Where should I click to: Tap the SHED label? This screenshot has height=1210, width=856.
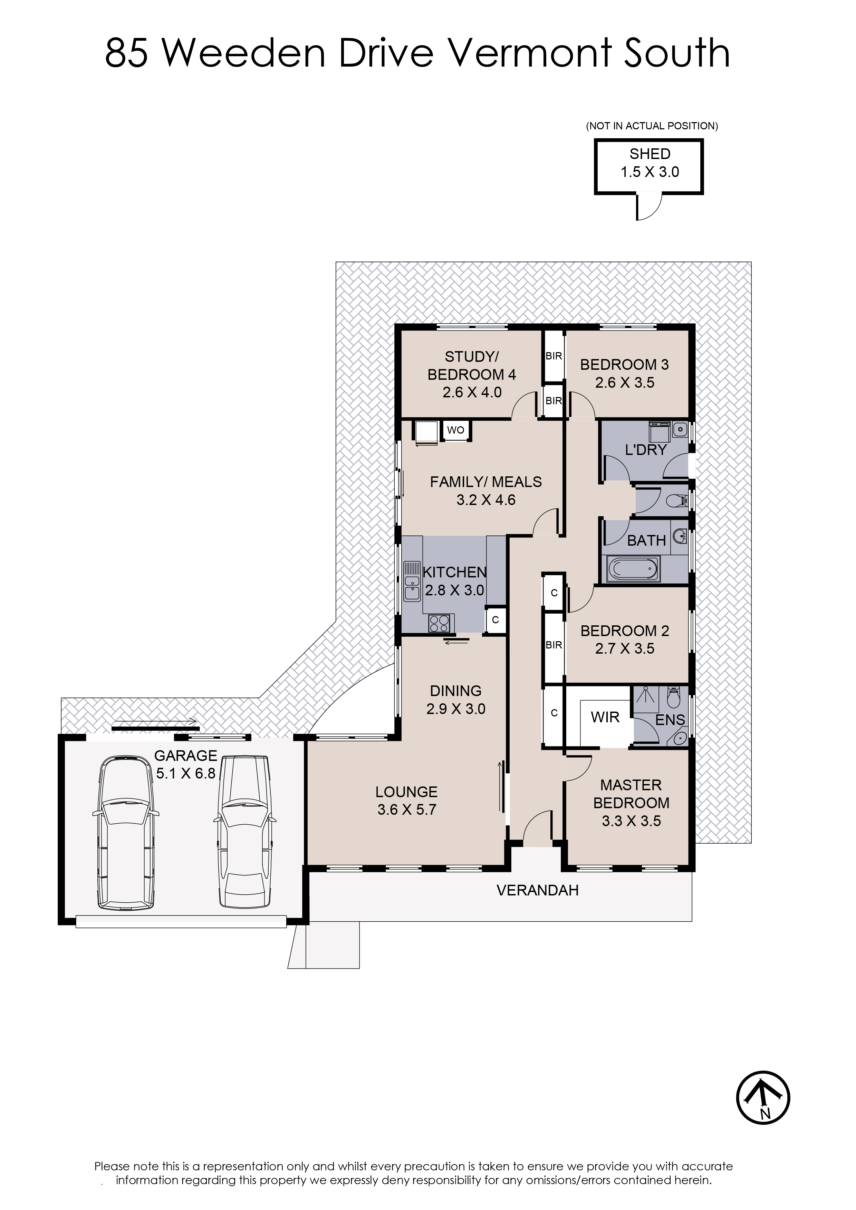pyautogui.click(x=650, y=154)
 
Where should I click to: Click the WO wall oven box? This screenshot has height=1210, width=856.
pyautogui.click(x=456, y=430)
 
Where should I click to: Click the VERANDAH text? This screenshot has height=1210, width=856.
pyautogui.click(x=537, y=891)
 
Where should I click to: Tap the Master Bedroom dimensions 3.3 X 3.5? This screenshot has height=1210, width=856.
pyautogui.click(x=631, y=821)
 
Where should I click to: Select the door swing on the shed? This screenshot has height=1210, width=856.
pyautogui.click(x=649, y=207)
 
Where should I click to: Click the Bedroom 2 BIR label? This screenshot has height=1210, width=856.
pyautogui.click(x=554, y=645)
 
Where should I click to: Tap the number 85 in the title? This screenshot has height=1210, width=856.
pyautogui.click(x=127, y=53)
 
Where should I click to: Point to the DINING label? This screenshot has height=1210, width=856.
pyautogui.click(x=456, y=691)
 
